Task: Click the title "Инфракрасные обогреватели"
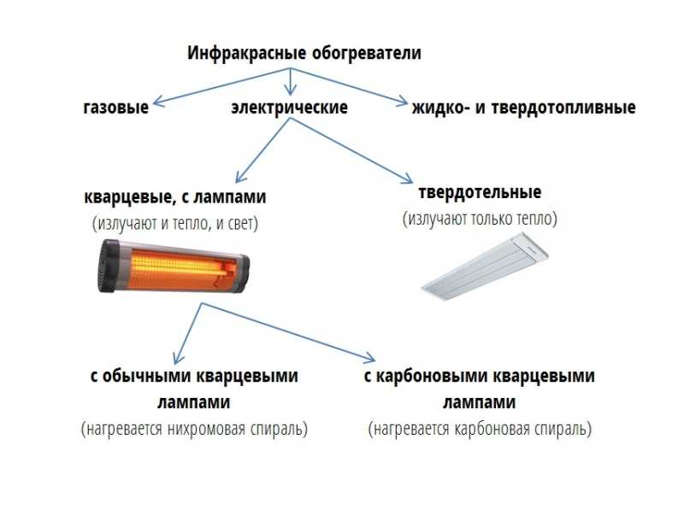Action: pyautogui.click(x=304, y=53)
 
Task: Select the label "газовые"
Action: pyautogui.click(x=115, y=108)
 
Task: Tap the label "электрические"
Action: pyautogui.click(x=289, y=108)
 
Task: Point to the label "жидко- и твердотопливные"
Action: pyautogui.click(x=523, y=108)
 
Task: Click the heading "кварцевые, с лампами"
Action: pyautogui.click(x=175, y=197)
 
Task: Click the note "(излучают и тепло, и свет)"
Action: pyautogui.click(x=175, y=224)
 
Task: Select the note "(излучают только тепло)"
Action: pyautogui.click(x=480, y=219)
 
